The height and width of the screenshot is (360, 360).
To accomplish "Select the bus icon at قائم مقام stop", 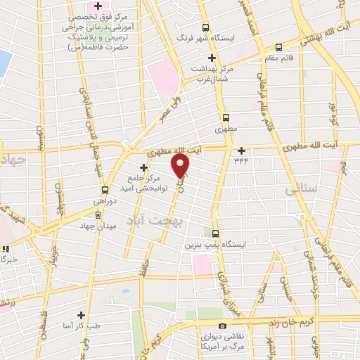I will pos(278,47).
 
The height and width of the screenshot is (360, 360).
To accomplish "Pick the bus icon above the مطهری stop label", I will pos(226,118).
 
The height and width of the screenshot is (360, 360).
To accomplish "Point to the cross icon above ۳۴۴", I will pos(241,150).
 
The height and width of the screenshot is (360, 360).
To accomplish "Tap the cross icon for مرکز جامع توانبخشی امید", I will pos(144,167).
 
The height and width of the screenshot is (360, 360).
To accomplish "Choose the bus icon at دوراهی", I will pos(105,190).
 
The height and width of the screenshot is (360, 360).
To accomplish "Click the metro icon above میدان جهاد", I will pos(98,214).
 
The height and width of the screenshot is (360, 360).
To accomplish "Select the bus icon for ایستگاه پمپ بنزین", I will pos(214,234).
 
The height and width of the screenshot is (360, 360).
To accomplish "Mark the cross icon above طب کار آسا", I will pos(82,316).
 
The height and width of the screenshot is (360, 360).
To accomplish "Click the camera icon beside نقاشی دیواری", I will pos(222,326).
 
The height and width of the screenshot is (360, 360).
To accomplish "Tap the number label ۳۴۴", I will pos(241,161).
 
